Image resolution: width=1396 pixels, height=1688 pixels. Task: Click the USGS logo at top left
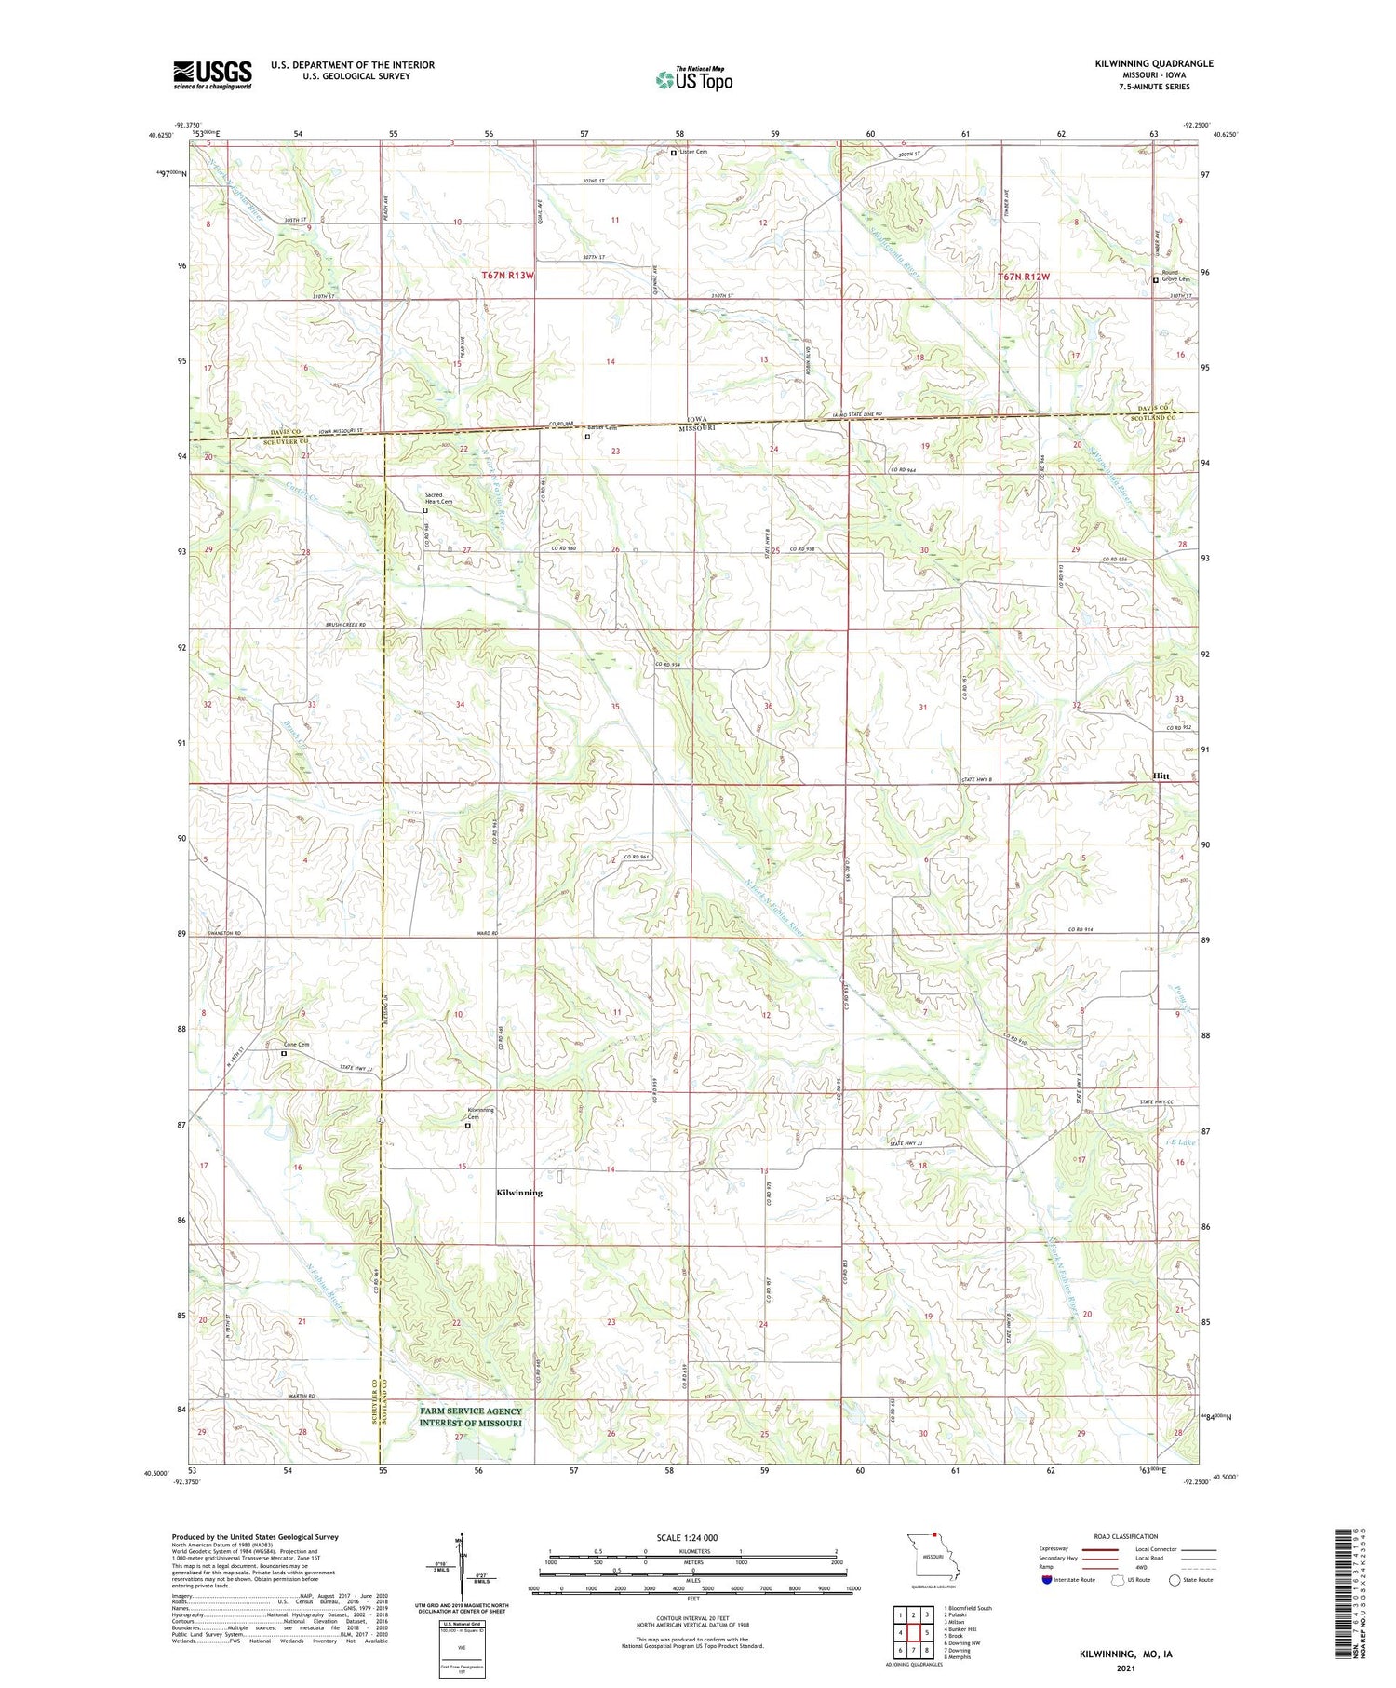coord(212,74)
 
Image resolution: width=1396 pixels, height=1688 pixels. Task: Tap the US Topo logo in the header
coord(693,79)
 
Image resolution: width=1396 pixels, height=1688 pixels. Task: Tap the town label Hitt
coord(1161,776)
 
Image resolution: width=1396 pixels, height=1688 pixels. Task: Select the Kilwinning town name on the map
coord(519,1192)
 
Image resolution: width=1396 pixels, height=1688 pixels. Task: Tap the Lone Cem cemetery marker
coord(284,1053)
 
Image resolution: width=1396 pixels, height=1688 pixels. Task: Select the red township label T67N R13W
coord(508,276)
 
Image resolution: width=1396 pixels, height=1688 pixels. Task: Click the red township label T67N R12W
coord(1024,277)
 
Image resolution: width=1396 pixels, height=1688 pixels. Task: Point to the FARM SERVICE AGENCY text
coord(470,1411)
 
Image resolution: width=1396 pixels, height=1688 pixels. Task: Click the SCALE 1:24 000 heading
coord(687,1537)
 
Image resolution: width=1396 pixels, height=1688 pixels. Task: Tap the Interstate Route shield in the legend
coord(1047,1580)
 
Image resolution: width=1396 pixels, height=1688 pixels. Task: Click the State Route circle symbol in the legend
coord(1175,1580)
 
